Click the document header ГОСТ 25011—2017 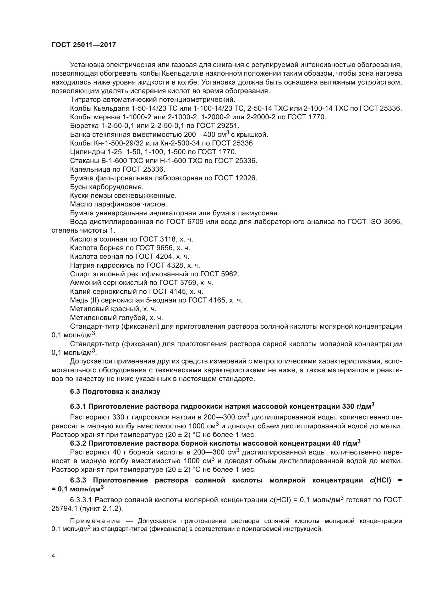(84, 45)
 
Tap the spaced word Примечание (95, 521)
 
